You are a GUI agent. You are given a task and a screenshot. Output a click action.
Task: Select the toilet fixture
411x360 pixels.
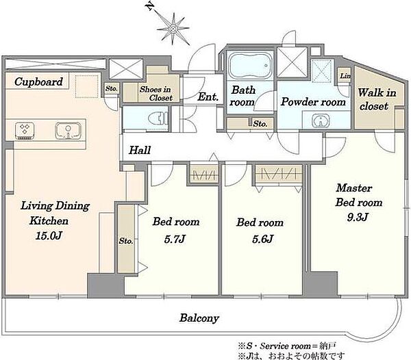[x=158, y=119]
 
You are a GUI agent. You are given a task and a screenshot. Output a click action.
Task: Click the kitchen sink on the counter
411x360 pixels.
[x=68, y=130]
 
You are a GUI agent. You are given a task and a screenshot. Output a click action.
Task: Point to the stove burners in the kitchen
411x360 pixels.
[x=25, y=130]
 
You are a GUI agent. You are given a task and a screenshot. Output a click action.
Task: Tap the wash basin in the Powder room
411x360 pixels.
[x=321, y=121]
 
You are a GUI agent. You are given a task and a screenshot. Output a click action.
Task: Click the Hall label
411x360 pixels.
[x=140, y=150]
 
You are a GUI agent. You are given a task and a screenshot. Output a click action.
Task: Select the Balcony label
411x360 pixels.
[x=199, y=318]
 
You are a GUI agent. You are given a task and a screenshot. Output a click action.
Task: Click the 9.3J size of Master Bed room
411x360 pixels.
[x=357, y=217]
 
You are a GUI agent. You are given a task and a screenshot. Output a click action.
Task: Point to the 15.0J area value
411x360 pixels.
[x=49, y=236]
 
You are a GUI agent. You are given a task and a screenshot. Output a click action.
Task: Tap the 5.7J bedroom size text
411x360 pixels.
[x=175, y=239]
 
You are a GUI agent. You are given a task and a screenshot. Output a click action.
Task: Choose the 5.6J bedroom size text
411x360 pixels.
[x=263, y=239]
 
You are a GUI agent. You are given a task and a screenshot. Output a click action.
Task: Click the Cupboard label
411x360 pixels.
[x=38, y=81]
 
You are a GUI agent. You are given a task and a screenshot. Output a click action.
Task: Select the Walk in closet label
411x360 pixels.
[x=377, y=99]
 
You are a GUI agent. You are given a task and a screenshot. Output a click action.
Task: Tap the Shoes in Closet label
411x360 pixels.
[x=155, y=94]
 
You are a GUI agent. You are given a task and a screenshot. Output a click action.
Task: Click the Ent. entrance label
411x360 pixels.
[x=208, y=97]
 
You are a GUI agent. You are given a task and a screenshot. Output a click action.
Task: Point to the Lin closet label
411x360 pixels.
[x=345, y=76]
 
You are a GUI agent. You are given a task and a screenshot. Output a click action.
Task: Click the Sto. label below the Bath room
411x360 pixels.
[x=260, y=124]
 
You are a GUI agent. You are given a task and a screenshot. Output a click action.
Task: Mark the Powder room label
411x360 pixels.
[x=313, y=102]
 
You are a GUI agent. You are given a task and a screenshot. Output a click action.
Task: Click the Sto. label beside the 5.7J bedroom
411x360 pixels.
[x=126, y=241]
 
